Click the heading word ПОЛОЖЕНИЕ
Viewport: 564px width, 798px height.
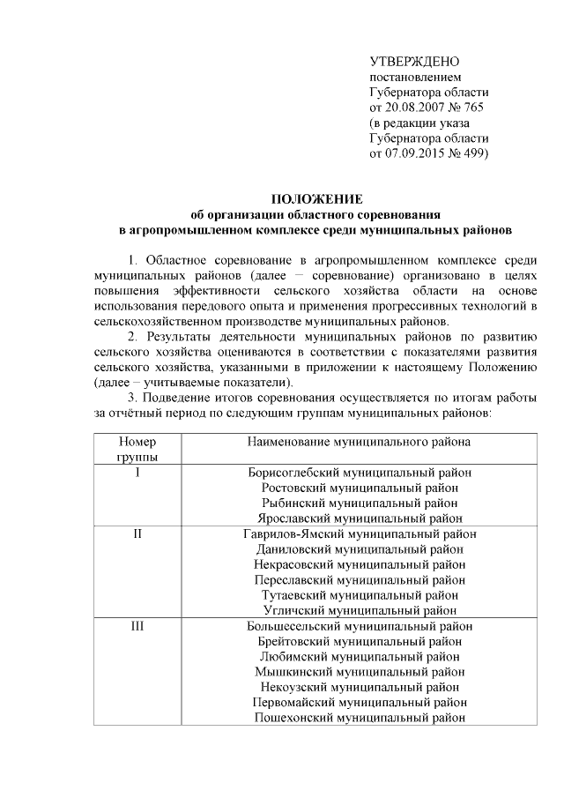315,199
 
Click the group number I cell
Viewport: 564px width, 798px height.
137,473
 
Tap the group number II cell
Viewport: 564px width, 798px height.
137,533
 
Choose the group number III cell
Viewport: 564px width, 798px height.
137,626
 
